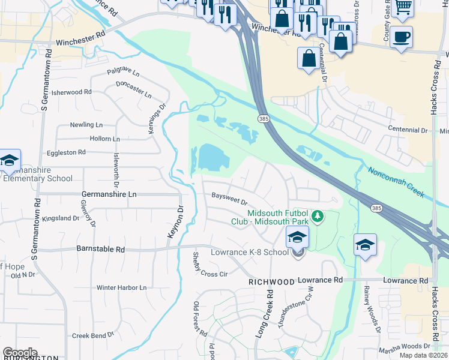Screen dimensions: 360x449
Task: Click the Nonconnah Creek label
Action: pos(397,182)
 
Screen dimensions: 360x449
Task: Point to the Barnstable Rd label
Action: pos(100,248)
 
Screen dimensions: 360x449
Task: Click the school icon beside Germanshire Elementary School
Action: pos(10,161)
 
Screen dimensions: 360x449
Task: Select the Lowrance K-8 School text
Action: pos(249,252)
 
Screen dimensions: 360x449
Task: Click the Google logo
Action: pos(20,352)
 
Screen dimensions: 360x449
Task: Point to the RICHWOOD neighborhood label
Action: pos(272,281)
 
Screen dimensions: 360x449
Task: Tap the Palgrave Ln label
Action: pos(123,73)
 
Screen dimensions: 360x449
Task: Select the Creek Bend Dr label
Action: pos(93,335)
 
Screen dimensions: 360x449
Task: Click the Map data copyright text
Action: pos(424,355)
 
